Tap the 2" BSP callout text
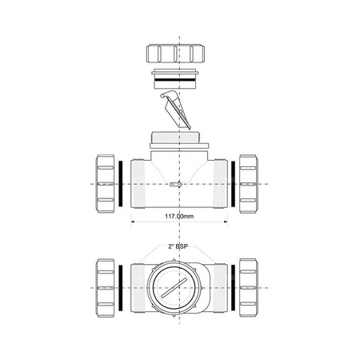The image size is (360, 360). click(x=179, y=248)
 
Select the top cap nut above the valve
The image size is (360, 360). click(x=179, y=56)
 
